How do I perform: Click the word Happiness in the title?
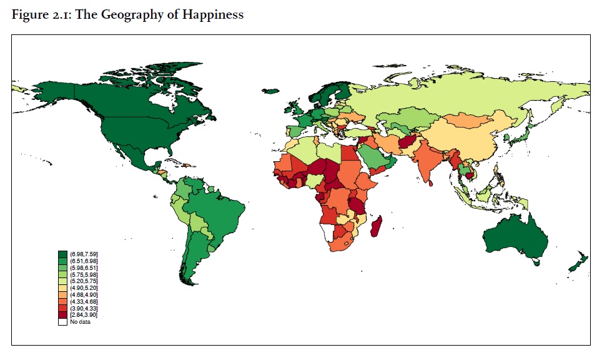click(x=212, y=15)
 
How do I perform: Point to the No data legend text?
click(x=81, y=321)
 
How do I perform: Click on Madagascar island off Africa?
click(x=377, y=226)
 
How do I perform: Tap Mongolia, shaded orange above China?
click(x=468, y=119)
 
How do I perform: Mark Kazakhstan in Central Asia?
click(x=412, y=119)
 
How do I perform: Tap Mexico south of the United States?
click(x=134, y=156)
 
